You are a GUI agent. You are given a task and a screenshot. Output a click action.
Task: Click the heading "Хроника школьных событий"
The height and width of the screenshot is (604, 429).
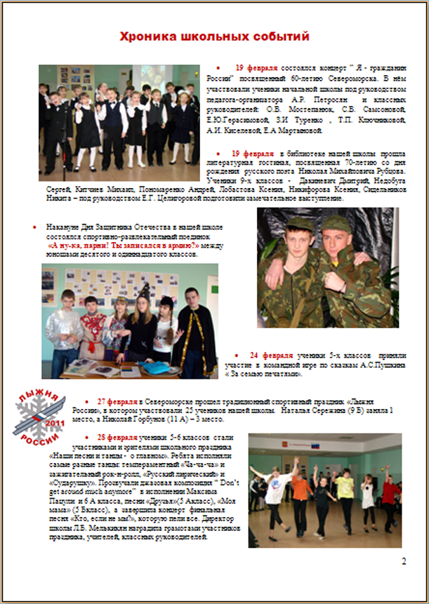click(213, 36)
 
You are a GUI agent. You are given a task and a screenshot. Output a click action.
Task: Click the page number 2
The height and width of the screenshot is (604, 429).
click(404, 561)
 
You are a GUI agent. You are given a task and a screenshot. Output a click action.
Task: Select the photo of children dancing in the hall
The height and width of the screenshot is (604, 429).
click(324, 491)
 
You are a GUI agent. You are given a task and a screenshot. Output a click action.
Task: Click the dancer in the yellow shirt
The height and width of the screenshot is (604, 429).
click(345, 491)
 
